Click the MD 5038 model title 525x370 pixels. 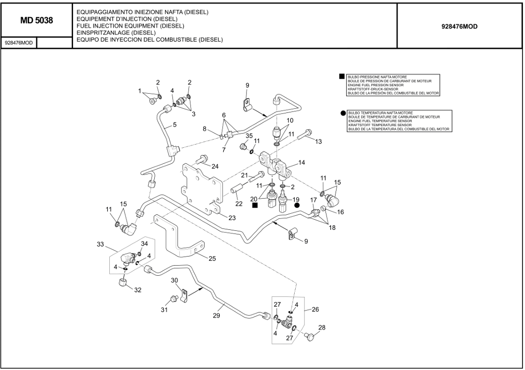36,21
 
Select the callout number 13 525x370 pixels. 318,142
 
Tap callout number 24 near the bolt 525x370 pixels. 215,166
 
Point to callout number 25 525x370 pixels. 212,259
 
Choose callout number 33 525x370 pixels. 100,244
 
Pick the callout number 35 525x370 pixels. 249,136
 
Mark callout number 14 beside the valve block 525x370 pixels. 302,163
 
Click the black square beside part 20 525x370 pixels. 255,206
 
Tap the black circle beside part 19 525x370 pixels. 297,205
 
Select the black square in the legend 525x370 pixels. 342,77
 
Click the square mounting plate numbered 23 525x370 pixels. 202,187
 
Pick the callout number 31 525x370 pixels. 164,310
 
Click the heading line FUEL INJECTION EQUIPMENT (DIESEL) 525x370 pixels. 130,25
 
